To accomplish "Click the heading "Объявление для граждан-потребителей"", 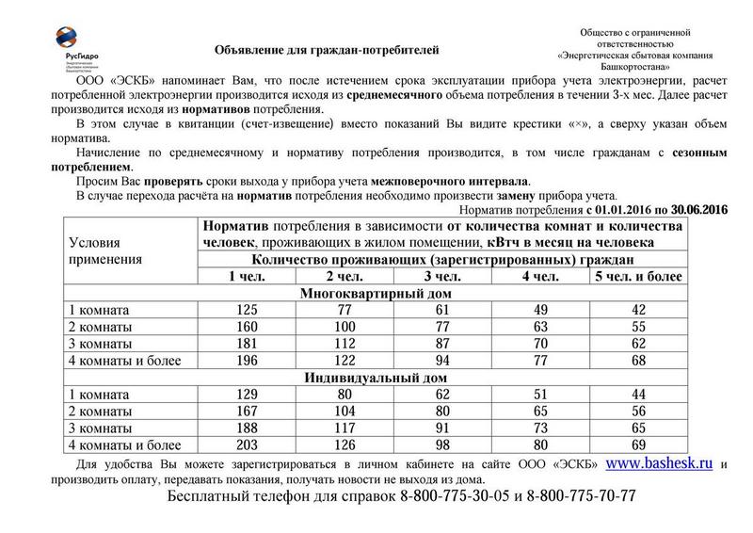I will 327,47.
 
